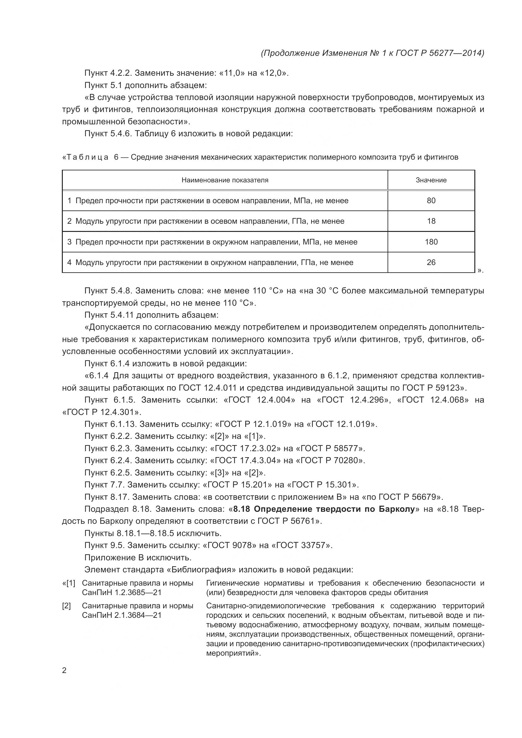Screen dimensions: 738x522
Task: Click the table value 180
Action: [x=431, y=242]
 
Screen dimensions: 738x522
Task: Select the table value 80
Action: [x=431, y=201]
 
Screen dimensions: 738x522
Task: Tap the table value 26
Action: [x=431, y=262]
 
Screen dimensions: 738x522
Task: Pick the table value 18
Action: [x=431, y=221]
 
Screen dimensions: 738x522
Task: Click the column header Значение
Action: [x=431, y=180]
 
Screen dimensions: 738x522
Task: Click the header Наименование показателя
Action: [x=225, y=180]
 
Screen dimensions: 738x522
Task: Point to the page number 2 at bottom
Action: [x=64, y=670]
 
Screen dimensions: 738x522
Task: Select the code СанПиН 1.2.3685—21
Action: [x=122, y=593]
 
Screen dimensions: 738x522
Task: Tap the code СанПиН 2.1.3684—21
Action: [x=122, y=615]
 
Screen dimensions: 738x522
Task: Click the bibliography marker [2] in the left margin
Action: [x=67, y=606]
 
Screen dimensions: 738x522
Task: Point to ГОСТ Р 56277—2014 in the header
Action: [x=439, y=53]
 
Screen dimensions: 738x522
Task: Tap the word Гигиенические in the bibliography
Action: [x=232, y=583]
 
